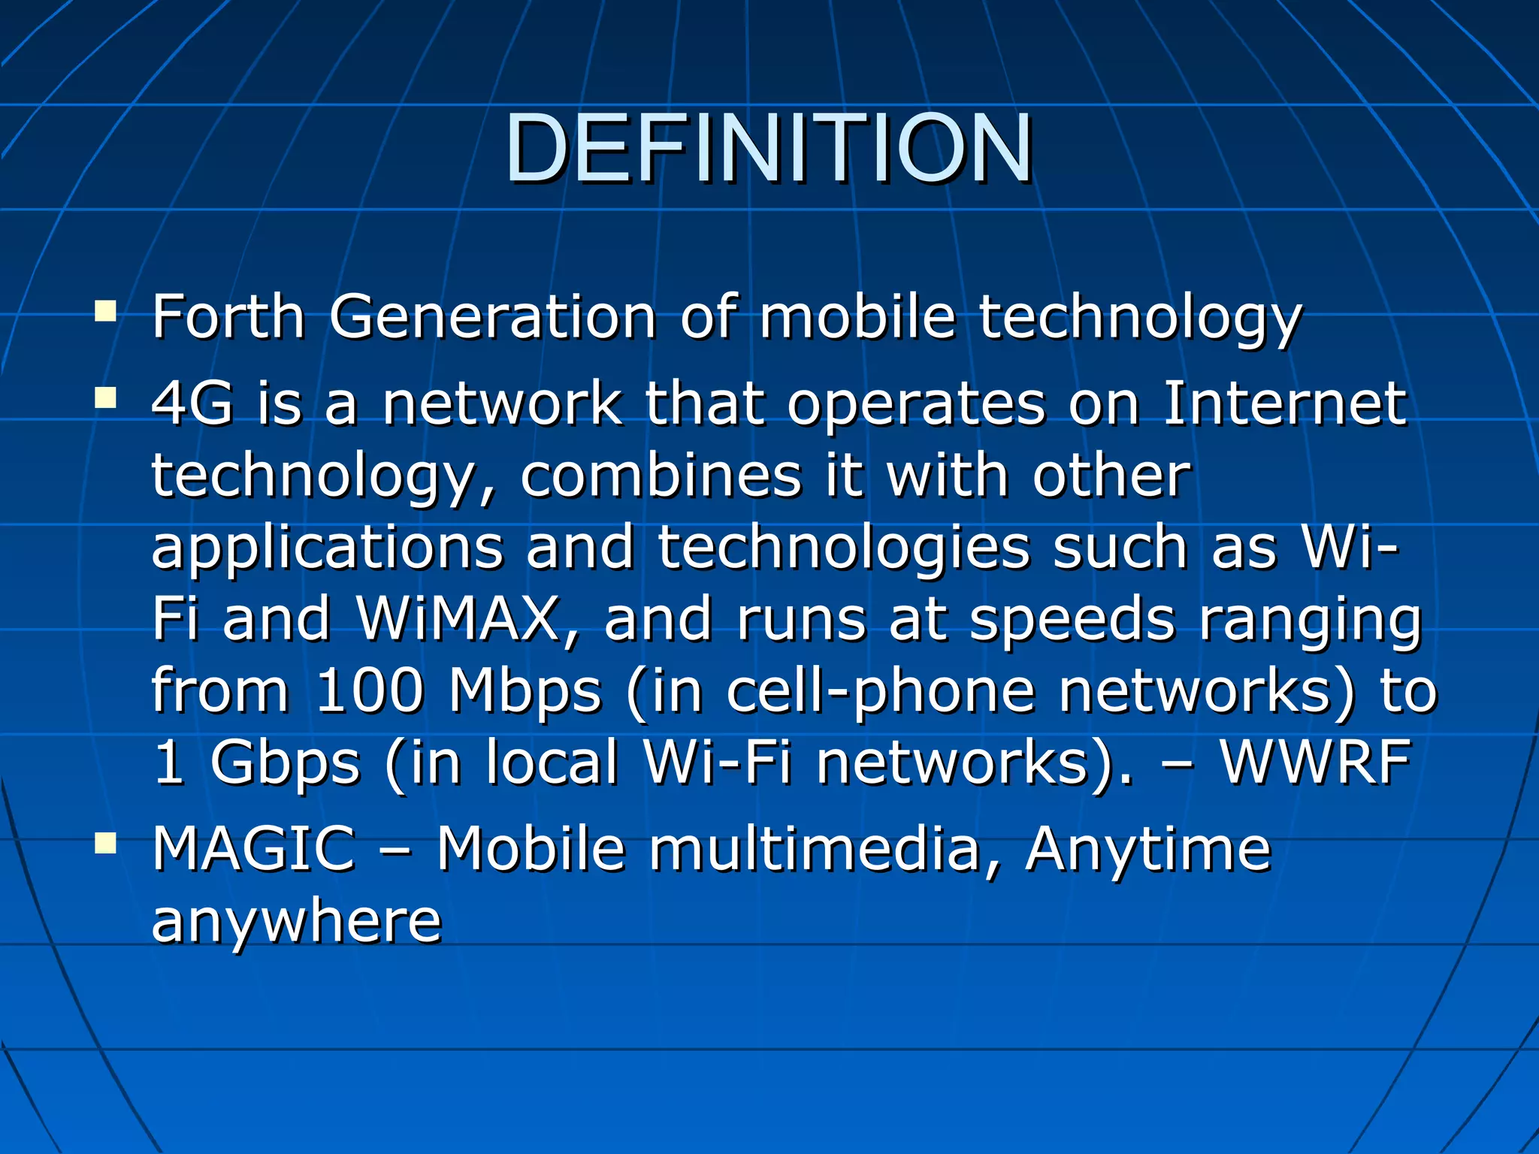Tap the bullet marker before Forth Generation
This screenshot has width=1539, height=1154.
(105, 311)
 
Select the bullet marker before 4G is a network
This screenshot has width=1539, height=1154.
(105, 397)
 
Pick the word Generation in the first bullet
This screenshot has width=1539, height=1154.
(492, 317)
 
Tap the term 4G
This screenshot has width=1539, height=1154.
(192, 404)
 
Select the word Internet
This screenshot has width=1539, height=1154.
(1284, 404)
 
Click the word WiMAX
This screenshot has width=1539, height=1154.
(458, 619)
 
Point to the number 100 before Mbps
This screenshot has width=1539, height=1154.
(370, 690)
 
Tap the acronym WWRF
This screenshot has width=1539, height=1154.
(1315, 763)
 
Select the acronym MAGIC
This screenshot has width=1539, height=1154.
(253, 849)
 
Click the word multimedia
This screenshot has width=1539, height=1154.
(815, 849)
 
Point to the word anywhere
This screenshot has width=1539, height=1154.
(297, 921)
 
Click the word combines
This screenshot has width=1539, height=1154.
(661, 476)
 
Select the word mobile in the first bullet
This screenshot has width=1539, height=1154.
(857, 317)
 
